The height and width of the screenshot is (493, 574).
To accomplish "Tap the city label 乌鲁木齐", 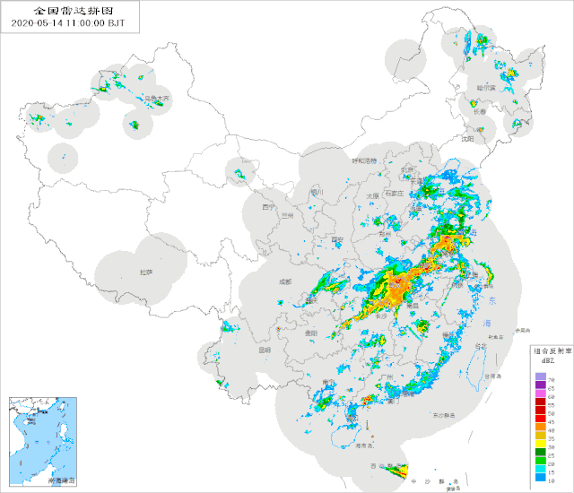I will (157, 98).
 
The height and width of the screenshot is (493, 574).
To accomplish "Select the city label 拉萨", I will (146, 271).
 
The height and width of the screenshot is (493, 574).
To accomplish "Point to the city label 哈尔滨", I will (487, 89).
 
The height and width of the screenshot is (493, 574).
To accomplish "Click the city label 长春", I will (480, 112).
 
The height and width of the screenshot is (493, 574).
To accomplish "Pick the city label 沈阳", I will (467, 139).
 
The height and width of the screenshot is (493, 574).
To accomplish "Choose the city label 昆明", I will (264, 350).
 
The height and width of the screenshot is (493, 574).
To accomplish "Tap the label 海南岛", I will (362, 445).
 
